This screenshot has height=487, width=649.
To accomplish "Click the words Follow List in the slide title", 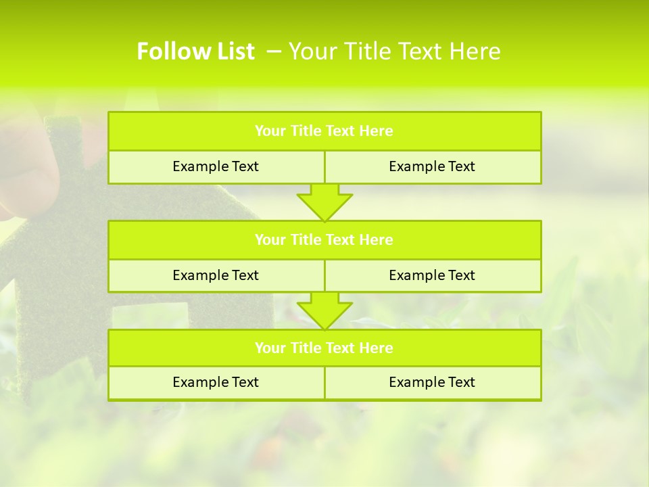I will coord(195,51).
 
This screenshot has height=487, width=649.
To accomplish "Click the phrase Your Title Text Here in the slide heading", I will coord(395,51).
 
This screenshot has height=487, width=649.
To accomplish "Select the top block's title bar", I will coord(324,131).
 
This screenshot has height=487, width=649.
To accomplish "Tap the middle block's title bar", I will coord(324,239).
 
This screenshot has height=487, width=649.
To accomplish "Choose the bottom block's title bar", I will coord(324,348).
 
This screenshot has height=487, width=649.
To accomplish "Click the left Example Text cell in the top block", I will coord(216,166).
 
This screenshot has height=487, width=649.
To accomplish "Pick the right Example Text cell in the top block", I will coord(432,166).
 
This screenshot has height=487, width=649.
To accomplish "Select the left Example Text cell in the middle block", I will coord(216,275).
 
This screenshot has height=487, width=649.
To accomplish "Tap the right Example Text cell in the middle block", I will coord(432,275).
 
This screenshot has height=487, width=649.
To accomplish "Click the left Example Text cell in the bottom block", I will coord(216,382).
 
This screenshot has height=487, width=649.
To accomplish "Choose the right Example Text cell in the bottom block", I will coord(432,382).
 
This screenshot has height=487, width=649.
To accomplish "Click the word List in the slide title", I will coord(234,51).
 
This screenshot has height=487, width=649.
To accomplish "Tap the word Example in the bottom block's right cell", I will coord(414,382).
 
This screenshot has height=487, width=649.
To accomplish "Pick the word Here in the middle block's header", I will coord(377,239).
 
